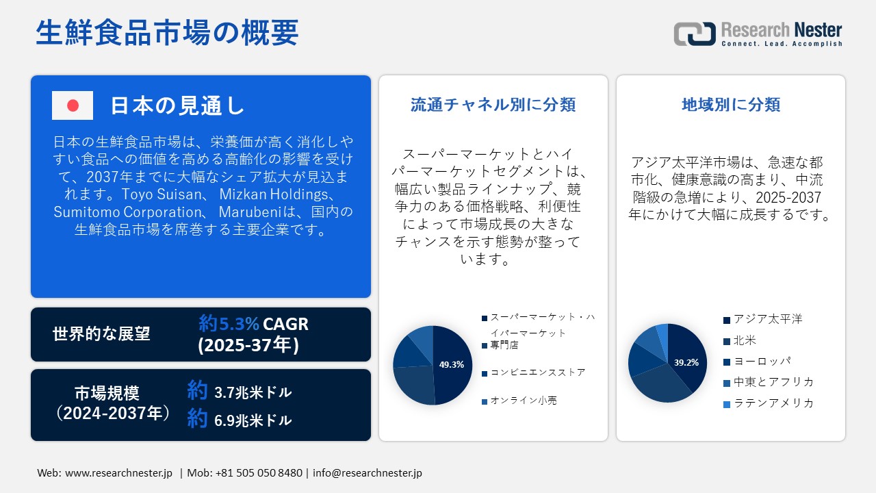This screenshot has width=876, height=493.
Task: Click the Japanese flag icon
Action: point(73,105)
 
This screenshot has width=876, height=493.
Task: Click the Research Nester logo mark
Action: point(694,34)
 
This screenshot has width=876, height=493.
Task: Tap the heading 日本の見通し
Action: point(177,105)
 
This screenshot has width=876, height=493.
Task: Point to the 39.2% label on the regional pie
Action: point(686,362)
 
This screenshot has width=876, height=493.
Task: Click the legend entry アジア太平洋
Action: point(767,320)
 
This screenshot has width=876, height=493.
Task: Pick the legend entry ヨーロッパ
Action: point(762,361)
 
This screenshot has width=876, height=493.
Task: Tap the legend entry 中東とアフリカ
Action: point(773,382)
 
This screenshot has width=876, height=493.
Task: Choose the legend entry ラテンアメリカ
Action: point(773,403)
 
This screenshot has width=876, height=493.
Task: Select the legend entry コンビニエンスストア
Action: point(537,373)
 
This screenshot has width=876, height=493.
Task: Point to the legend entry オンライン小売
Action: point(523,401)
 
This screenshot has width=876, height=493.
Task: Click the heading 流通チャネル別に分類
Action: point(493,105)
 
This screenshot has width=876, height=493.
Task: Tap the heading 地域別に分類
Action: point(731,105)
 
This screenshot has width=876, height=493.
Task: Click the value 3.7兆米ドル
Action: point(253,392)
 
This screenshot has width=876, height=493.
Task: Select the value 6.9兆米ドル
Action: point(253,420)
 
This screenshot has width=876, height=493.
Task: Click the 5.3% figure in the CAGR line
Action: point(239,323)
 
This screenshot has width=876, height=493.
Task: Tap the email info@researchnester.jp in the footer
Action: point(368,473)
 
